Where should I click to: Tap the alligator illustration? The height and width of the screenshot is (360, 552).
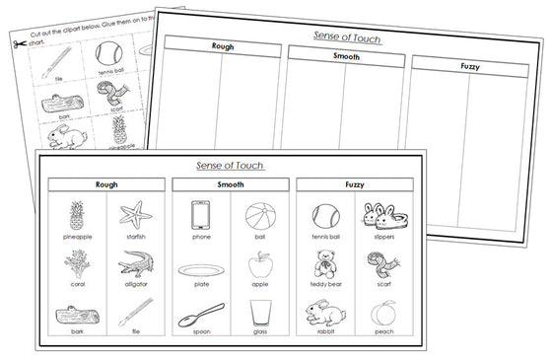134,264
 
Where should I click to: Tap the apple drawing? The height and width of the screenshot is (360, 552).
258,264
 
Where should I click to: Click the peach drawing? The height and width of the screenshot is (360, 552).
381,315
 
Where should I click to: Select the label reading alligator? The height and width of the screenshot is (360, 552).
134,286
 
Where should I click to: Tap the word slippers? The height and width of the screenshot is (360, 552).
381,237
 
